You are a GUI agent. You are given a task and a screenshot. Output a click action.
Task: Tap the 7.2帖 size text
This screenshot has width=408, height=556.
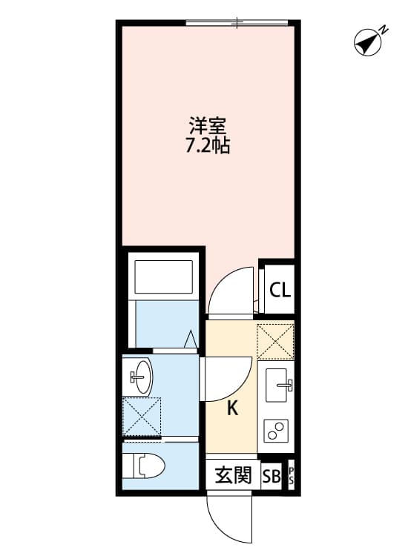tap(207, 146)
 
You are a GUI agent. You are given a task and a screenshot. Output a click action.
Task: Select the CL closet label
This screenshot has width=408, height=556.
tap(280, 290)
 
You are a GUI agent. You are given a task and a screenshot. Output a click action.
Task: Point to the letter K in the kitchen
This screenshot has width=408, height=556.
tap(231, 408)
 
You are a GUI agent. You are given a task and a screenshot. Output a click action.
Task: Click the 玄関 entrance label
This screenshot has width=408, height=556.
tap(233, 475)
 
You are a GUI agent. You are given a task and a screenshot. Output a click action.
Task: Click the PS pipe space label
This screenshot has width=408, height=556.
tap(291, 476)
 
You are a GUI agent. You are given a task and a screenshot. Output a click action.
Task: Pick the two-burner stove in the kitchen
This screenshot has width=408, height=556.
tap(277, 431)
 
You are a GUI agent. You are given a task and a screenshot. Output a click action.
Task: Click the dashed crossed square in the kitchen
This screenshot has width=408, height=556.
tap(275, 342)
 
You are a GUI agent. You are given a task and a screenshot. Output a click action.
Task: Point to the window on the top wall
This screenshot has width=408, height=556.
tap(237, 24)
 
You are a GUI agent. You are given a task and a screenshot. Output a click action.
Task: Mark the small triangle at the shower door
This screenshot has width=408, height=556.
tap(190, 340)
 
